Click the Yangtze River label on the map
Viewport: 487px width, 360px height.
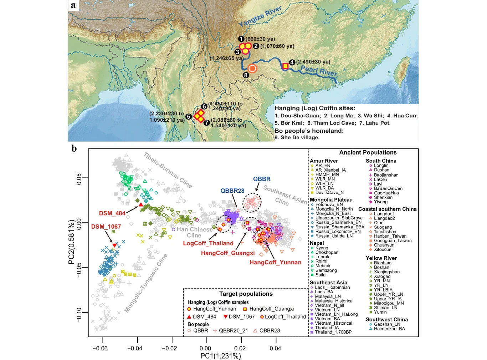pos(260,16)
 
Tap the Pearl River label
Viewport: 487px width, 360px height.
pos(319,70)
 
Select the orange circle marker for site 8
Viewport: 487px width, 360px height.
pos(252,68)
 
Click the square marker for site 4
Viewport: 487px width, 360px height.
pos(285,66)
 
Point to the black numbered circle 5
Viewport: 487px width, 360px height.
pos(189,116)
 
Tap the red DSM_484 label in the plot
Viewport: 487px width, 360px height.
pos(112,213)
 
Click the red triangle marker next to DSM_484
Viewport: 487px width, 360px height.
pos(141,204)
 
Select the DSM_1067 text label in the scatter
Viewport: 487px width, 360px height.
pos(106,227)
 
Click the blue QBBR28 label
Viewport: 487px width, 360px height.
pos(232,191)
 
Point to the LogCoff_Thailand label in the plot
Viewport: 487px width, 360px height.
pos(208,243)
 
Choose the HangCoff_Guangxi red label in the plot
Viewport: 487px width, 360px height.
pos(228,253)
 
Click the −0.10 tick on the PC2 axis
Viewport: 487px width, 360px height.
pos(79,315)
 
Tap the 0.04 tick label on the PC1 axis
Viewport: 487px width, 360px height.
pos(275,348)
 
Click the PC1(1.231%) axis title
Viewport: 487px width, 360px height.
pos(221,356)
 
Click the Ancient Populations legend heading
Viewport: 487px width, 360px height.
pos(368,152)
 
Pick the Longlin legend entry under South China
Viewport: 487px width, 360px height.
pos(381,166)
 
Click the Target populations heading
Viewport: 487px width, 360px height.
pos(246,294)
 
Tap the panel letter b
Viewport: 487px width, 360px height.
pos(74,148)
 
